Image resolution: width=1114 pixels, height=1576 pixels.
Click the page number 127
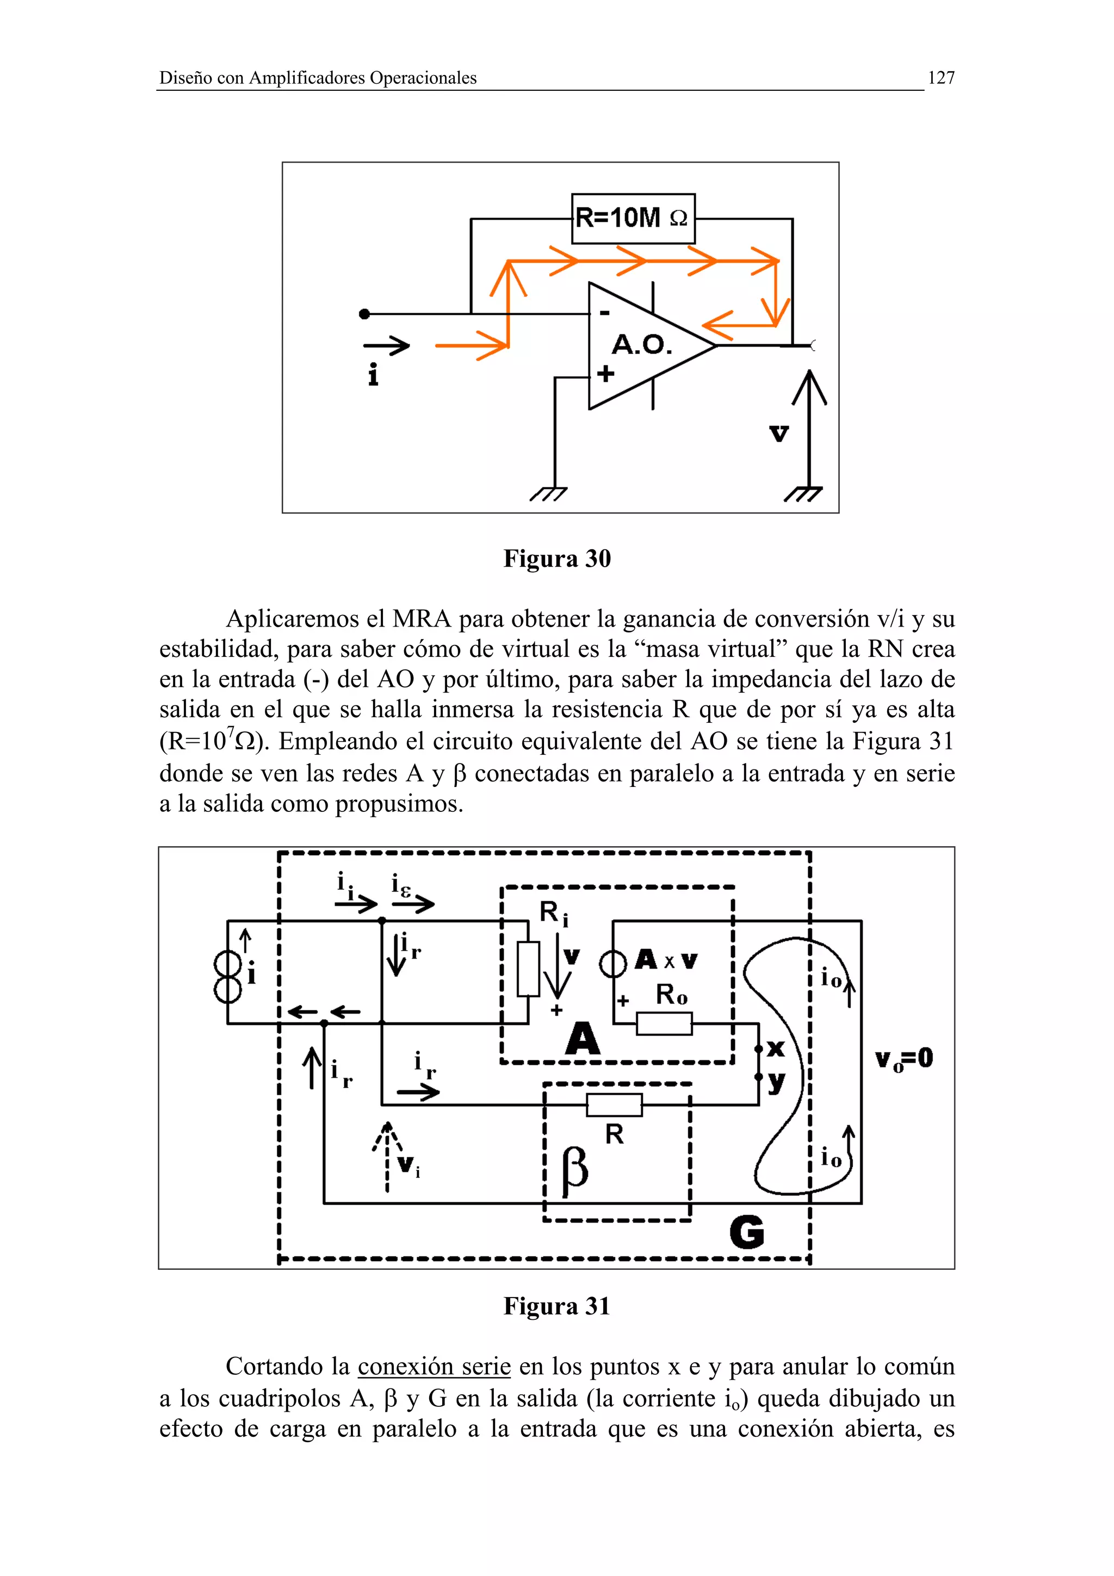[x=940, y=78]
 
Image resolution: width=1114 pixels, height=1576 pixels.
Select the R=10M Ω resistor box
[x=633, y=218]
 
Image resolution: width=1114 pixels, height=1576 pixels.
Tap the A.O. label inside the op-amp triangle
[x=641, y=345]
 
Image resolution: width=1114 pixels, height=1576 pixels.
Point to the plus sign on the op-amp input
[x=605, y=374]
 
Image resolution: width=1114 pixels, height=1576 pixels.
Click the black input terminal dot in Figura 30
[x=364, y=314]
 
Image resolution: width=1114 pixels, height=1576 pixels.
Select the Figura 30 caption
[x=556, y=559]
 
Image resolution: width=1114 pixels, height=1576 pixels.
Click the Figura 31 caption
[x=556, y=1306]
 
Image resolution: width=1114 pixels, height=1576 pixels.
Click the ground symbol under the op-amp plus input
[x=549, y=494]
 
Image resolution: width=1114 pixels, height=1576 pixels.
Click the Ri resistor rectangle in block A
[x=528, y=969]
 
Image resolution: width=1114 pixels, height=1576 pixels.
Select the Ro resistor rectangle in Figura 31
[x=664, y=1023]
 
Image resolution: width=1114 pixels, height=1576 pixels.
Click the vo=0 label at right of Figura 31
[x=904, y=1058]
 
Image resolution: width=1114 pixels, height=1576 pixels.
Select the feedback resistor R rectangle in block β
[x=614, y=1105]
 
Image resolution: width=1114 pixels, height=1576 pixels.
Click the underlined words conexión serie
[x=434, y=1367]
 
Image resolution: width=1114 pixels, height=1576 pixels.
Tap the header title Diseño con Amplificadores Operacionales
[x=318, y=78]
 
